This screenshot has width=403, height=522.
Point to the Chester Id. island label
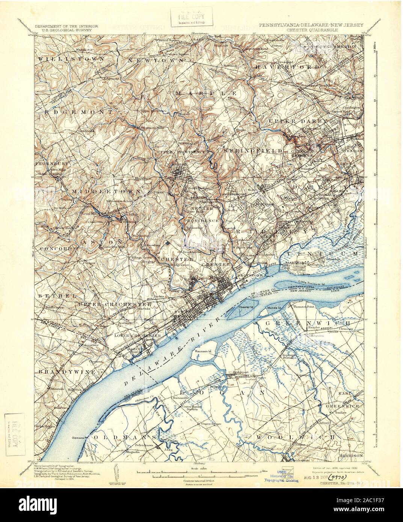point(248,307)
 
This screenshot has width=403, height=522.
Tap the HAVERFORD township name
point(288,66)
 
